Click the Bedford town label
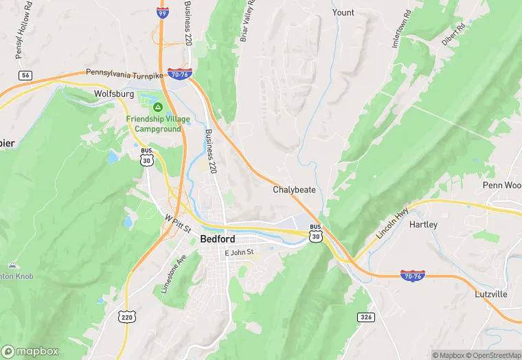pyautogui.click(x=217, y=239)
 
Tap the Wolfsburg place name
pyautogui.click(x=113, y=93)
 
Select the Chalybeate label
pyautogui.click(x=294, y=189)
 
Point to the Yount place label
pyautogui.click(x=343, y=12)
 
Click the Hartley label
pyautogui.click(x=423, y=225)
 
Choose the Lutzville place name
pyautogui.click(x=490, y=294)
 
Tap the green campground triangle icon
pyautogui.click(x=157, y=107)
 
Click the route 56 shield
pyautogui.click(x=25, y=75)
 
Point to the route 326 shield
pyautogui.click(x=365, y=317)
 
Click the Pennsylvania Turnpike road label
pyautogui.click(x=124, y=73)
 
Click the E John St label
pyautogui.click(x=240, y=252)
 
